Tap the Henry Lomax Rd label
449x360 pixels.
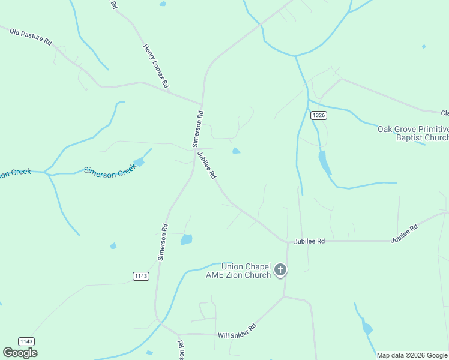coord(156,66)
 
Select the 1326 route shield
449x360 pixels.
coord(319,115)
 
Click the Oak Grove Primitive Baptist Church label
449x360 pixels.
coord(413,133)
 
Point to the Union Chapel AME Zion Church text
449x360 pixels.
coord(246,271)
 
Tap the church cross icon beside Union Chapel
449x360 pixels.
coord(280,271)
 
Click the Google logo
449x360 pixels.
coord(20,352)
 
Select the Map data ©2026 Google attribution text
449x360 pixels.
coord(412,355)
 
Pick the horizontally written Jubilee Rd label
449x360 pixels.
coord(309,241)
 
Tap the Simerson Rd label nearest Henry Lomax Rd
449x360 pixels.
coord(197,129)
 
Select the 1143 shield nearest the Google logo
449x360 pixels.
coord(26,341)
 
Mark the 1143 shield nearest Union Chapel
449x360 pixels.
coord(140,276)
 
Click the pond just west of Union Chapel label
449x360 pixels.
coord(187,239)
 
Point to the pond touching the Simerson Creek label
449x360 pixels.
coord(139,161)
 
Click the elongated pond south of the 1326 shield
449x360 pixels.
coord(324,161)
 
